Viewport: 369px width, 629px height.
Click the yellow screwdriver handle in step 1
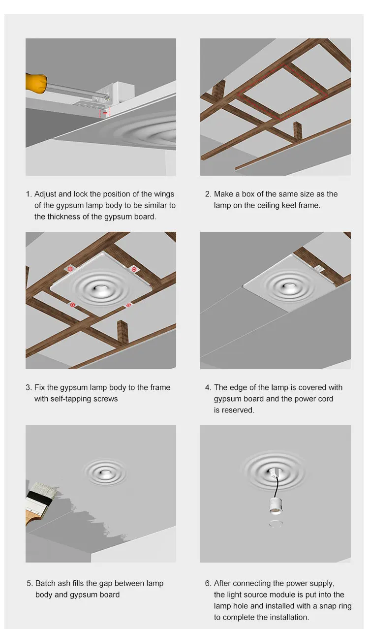coord(36,83)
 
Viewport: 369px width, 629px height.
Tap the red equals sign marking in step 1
coord(105,113)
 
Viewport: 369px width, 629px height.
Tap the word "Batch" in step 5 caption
coord(45,583)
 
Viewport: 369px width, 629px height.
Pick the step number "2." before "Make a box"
coord(208,194)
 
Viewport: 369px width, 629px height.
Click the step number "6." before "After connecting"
coord(208,583)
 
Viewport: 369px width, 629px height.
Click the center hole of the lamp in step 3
coord(99,288)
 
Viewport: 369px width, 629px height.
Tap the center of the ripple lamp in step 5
coord(105,472)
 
